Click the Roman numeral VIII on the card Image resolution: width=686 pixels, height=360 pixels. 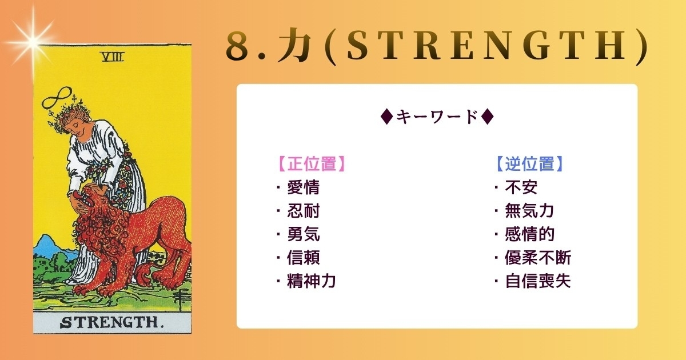[x=113, y=57]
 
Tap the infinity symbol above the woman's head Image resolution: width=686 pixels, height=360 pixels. [x=57, y=98]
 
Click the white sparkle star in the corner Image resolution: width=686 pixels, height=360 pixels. [x=33, y=41]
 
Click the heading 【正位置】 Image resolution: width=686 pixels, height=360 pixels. [x=312, y=164]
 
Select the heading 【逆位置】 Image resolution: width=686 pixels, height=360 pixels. [x=530, y=164]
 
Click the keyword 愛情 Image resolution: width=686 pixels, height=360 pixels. [x=303, y=187]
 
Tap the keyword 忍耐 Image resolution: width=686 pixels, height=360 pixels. [x=303, y=211]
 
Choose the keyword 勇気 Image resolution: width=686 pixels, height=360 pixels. [x=303, y=234]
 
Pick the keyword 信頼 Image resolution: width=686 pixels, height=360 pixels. [x=303, y=258]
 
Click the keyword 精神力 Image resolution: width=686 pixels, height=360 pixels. [x=311, y=281]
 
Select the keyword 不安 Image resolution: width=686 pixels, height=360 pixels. [x=521, y=187]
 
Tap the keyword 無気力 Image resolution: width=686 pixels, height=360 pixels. [x=529, y=211]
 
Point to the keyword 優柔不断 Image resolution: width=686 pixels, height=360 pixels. [x=538, y=258]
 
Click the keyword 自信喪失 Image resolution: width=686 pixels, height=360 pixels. [x=538, y=281]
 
